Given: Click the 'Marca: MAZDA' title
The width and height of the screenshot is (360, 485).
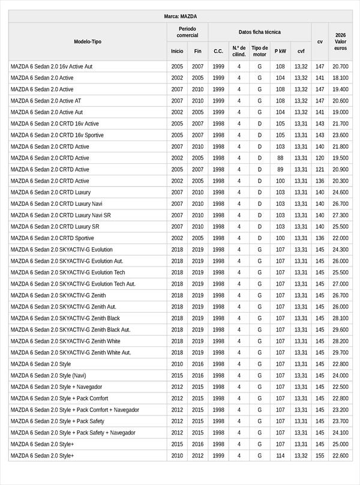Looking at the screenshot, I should tap(180, 16).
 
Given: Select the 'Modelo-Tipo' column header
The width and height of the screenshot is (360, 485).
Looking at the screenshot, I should tap(88, 41).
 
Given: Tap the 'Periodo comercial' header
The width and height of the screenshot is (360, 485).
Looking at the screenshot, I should tap(187, 32).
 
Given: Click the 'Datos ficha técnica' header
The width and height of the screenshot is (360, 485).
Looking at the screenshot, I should tap(259, 32).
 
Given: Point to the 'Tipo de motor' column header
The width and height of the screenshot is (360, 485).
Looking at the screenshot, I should tap(260, 51).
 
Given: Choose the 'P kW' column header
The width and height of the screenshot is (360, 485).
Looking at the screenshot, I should tap(280, 51).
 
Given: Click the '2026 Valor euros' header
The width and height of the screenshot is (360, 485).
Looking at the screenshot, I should tap(340, 41).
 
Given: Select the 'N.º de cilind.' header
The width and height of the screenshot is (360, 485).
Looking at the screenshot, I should tap(239, 51).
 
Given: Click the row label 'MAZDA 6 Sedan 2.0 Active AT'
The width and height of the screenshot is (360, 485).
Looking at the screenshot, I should tap(46, 101).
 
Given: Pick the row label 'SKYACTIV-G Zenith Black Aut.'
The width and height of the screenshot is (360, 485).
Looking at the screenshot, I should tap(70, 330).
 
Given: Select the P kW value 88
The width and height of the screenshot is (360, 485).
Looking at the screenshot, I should tap(280, 158).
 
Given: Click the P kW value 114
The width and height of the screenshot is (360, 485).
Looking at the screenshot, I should tap(280, 456).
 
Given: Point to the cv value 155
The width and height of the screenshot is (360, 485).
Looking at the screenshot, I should tap(320, 456).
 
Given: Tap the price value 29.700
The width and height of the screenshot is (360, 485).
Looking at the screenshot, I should tap(340, 352).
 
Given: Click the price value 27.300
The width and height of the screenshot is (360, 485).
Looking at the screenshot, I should tap(340, 215).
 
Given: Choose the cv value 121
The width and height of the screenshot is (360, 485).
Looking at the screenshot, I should tap(320, 169).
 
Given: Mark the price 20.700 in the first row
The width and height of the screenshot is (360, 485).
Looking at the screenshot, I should tap(340, 67).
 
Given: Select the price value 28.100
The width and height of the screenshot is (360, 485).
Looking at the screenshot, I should tap(340, 318).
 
